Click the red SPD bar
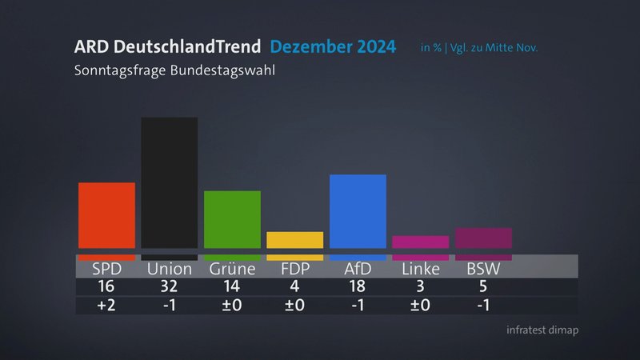[106, 215]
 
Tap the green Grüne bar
[232, 219]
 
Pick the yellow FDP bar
[294, 240]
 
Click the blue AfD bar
[358, 211]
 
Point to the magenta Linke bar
[420, 242]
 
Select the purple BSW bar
[483, 238]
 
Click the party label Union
[169, 269]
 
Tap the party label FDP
[294, 269]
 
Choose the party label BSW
[483, 269]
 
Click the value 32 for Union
[169, 286]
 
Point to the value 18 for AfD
[358, 286]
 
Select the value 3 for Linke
[420, 286]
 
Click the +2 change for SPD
[106, 305]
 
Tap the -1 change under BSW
[483, 305]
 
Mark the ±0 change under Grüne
[232, 305]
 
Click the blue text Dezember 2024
[332, 47]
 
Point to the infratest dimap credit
[542, 330]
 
